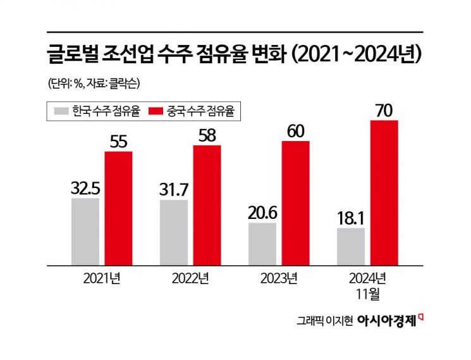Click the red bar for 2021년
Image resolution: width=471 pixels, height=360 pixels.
point(118,208)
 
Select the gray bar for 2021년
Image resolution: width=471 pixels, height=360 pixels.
point(85,231)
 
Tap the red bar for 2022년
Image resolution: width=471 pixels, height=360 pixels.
point(207,204)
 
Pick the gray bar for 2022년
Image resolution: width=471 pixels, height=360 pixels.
point(174,232)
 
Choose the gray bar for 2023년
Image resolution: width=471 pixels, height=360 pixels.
point(262,243)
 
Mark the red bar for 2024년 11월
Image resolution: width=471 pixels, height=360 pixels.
point(384,192)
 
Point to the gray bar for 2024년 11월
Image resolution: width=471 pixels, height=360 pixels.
point(351,245)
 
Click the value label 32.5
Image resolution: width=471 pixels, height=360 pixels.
point(85,187)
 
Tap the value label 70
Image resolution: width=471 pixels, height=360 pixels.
point(384,110)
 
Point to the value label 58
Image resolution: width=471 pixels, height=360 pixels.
point(207,135)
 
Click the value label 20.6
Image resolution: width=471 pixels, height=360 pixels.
point(262,212)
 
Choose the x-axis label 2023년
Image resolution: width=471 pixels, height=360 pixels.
point(279,279)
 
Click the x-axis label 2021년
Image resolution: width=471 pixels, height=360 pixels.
point(102,279)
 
